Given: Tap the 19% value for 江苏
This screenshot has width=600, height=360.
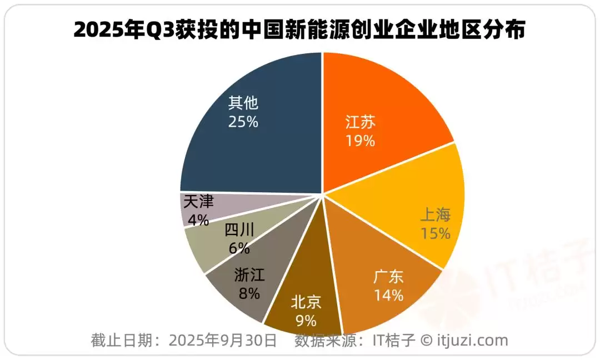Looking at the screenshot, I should (x=360, y=141).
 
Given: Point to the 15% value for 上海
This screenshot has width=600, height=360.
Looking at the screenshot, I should (x=436, y=233).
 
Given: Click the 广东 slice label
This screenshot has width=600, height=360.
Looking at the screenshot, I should (x=388, y=276).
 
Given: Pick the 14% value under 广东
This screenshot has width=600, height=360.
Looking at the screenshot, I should (x=388, y=295).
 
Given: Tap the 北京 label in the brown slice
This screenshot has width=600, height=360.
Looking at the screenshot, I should (x=306, y=302).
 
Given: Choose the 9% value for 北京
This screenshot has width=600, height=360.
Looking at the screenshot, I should (x=306, y=321).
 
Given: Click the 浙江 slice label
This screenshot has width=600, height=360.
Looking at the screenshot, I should (x=249, y=274).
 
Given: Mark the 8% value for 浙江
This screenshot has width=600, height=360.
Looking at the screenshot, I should (x=249, y=293).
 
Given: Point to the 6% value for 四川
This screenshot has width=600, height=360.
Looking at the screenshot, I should (x=239, y=248).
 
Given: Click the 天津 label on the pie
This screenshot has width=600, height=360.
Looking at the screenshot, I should (x=198, y=201).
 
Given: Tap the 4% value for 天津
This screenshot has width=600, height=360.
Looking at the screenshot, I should (x=198, y=220).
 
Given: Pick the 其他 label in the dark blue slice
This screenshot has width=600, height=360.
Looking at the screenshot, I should (x=243, y=103).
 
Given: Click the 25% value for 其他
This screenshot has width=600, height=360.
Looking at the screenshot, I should (x=243, y=122).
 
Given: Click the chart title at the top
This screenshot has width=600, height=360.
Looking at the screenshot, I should (x=299, y=31).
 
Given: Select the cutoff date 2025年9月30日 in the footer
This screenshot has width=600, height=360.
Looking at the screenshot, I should (x=222, y=340).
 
